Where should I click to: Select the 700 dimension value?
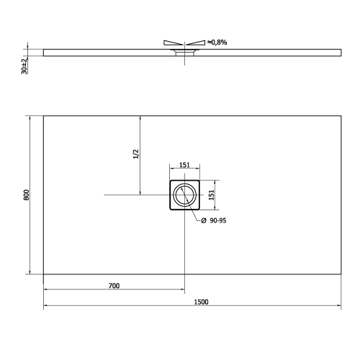[x=113, y=286]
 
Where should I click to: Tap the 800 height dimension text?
[x=25, y=194]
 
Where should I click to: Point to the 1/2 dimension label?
[x=135, y=155]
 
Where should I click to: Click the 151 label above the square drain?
[x=184, y=165]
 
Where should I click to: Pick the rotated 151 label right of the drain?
[x=211, y=195]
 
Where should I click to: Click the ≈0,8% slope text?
[x=218, y=42]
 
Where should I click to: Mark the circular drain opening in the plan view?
[x=184, y=195]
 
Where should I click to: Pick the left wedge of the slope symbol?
[x=174, y=42]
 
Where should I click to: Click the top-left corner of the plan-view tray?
[x=44, y=115]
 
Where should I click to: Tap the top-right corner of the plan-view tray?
[x=340, y=115]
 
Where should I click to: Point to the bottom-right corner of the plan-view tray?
[x=340, y=274]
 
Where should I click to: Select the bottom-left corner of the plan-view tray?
[x=44, y=274]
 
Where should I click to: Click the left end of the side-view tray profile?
[x=45, y=52]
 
